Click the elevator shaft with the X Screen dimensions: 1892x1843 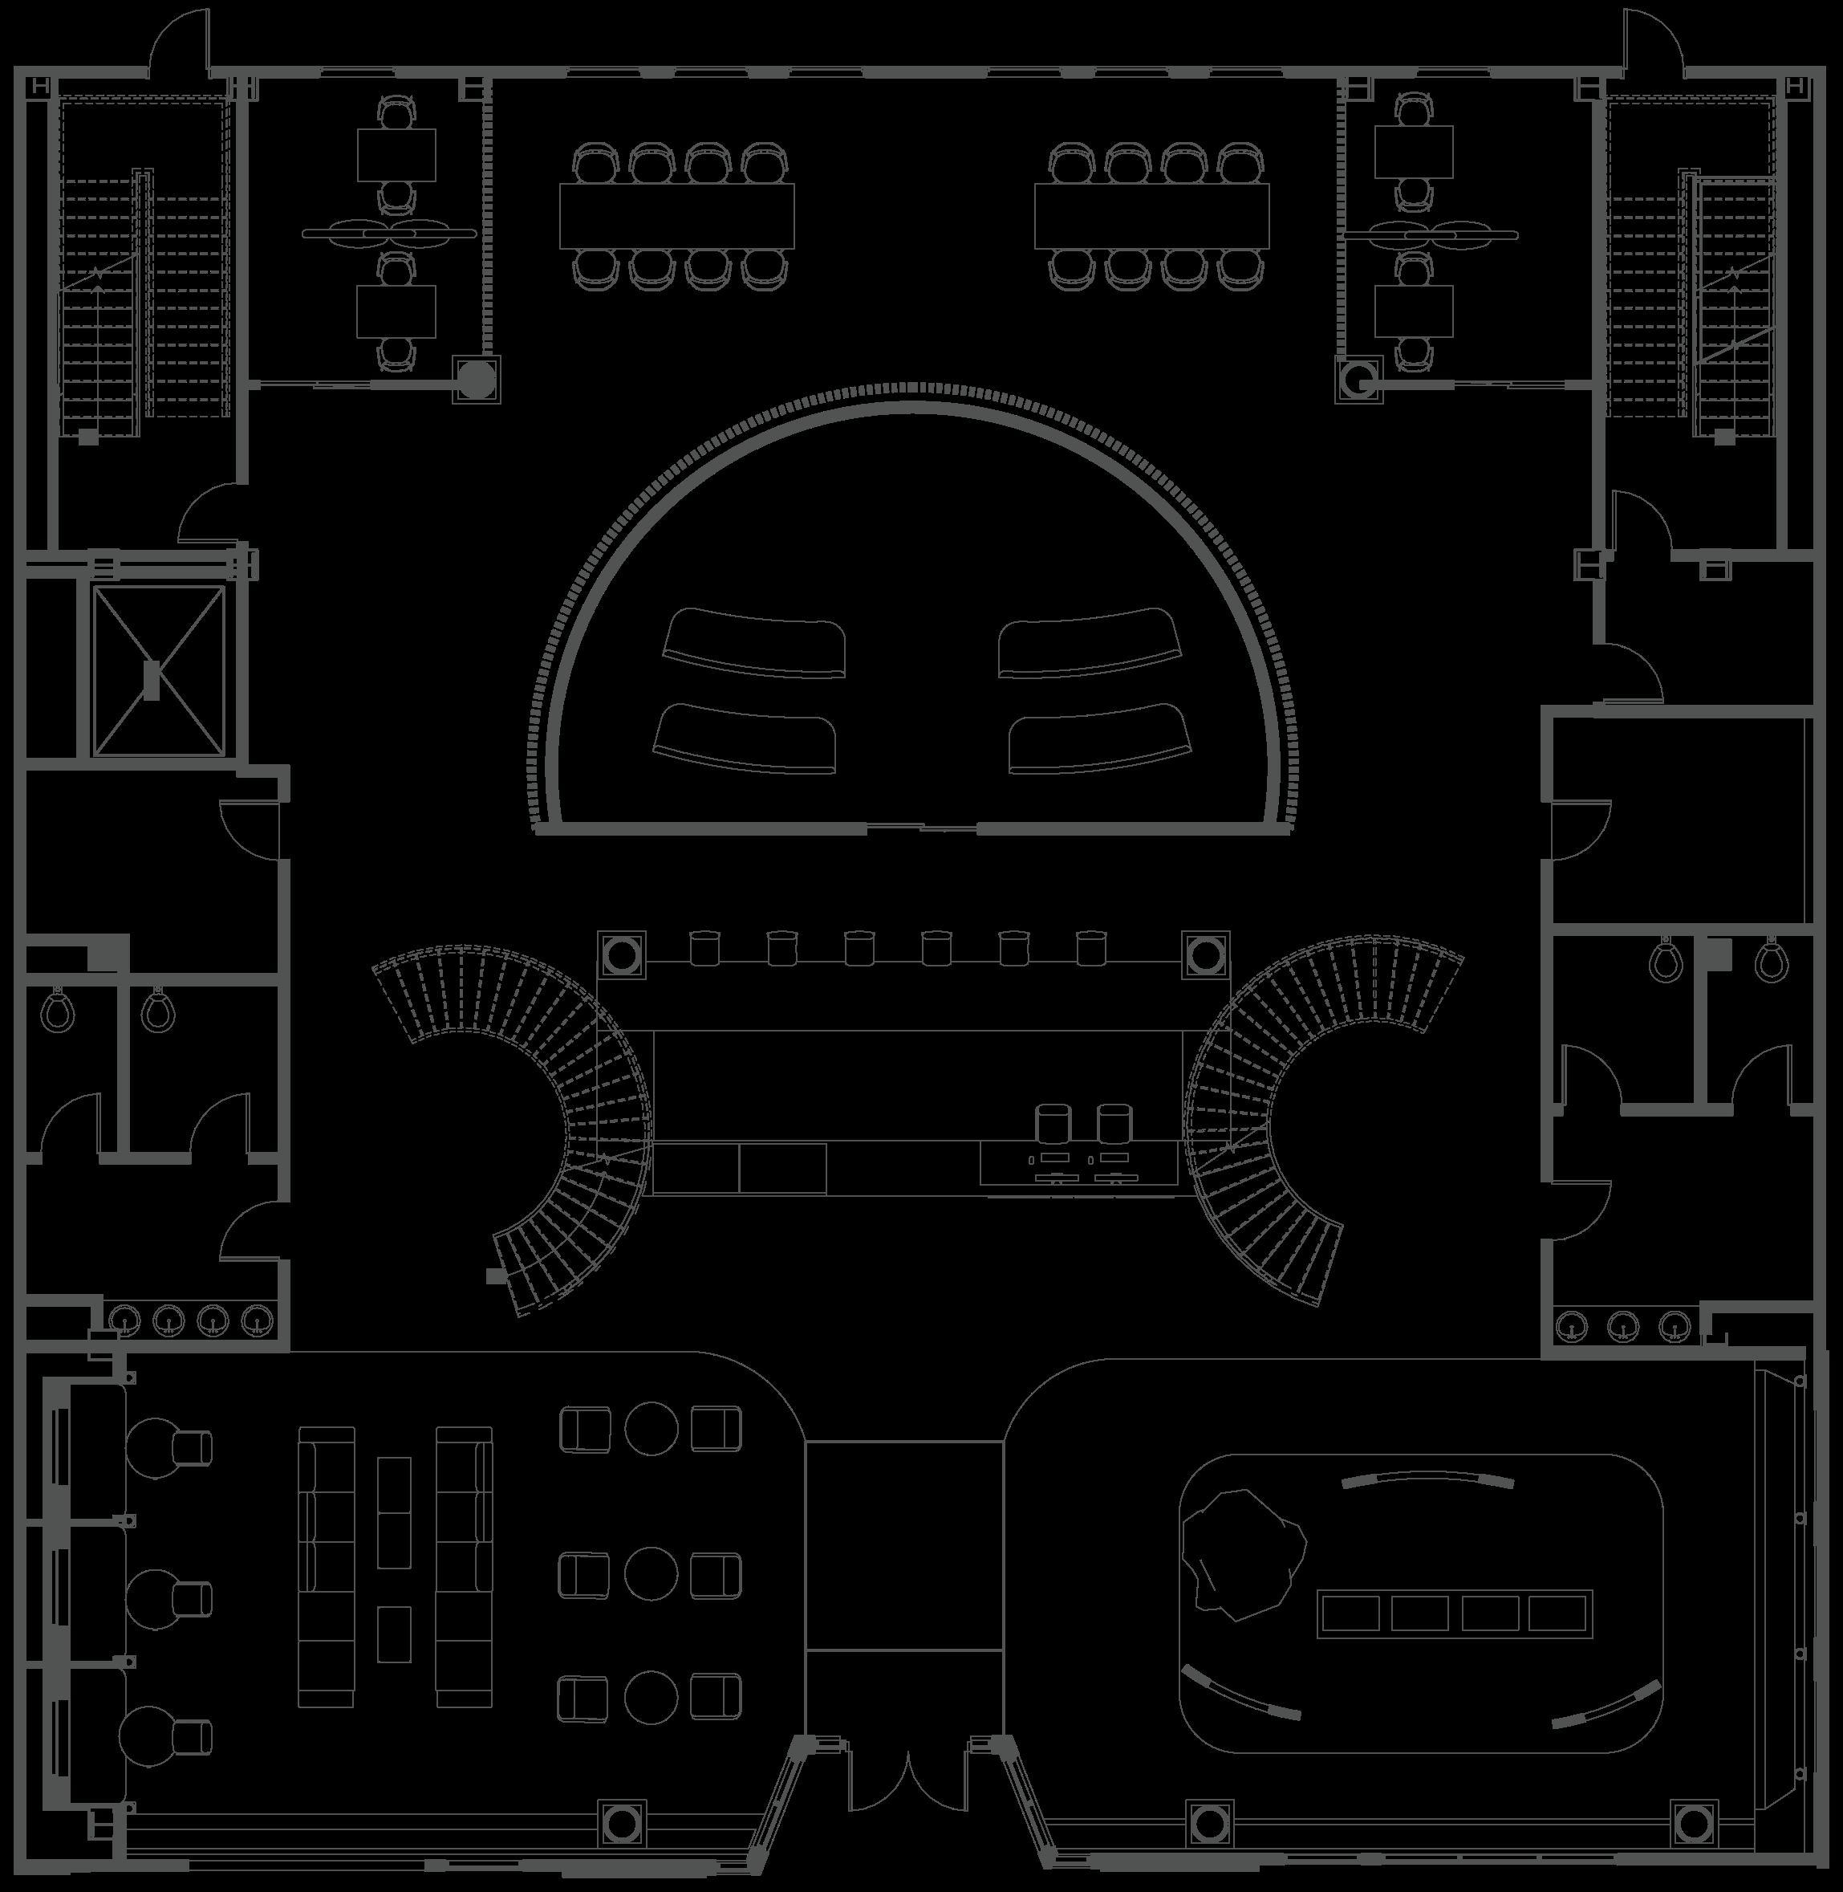[158, 669]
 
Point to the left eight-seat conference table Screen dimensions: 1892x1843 [676, 215]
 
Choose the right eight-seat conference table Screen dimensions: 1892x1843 [1151, 215]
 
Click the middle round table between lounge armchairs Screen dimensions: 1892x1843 [651, 1573]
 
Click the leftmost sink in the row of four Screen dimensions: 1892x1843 [124, 1318]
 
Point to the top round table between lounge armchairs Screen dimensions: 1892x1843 [651, 1428]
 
